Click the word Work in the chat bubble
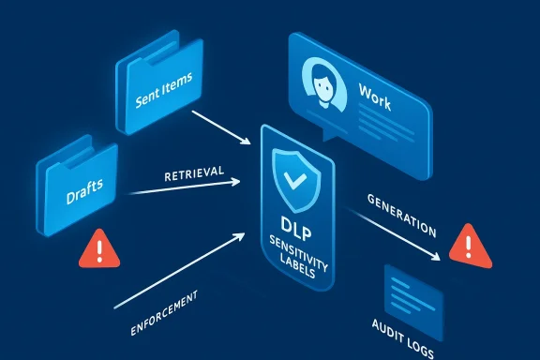375,93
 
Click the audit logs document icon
413,295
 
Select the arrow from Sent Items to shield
221,127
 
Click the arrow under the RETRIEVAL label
187,187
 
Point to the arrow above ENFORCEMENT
187,272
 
